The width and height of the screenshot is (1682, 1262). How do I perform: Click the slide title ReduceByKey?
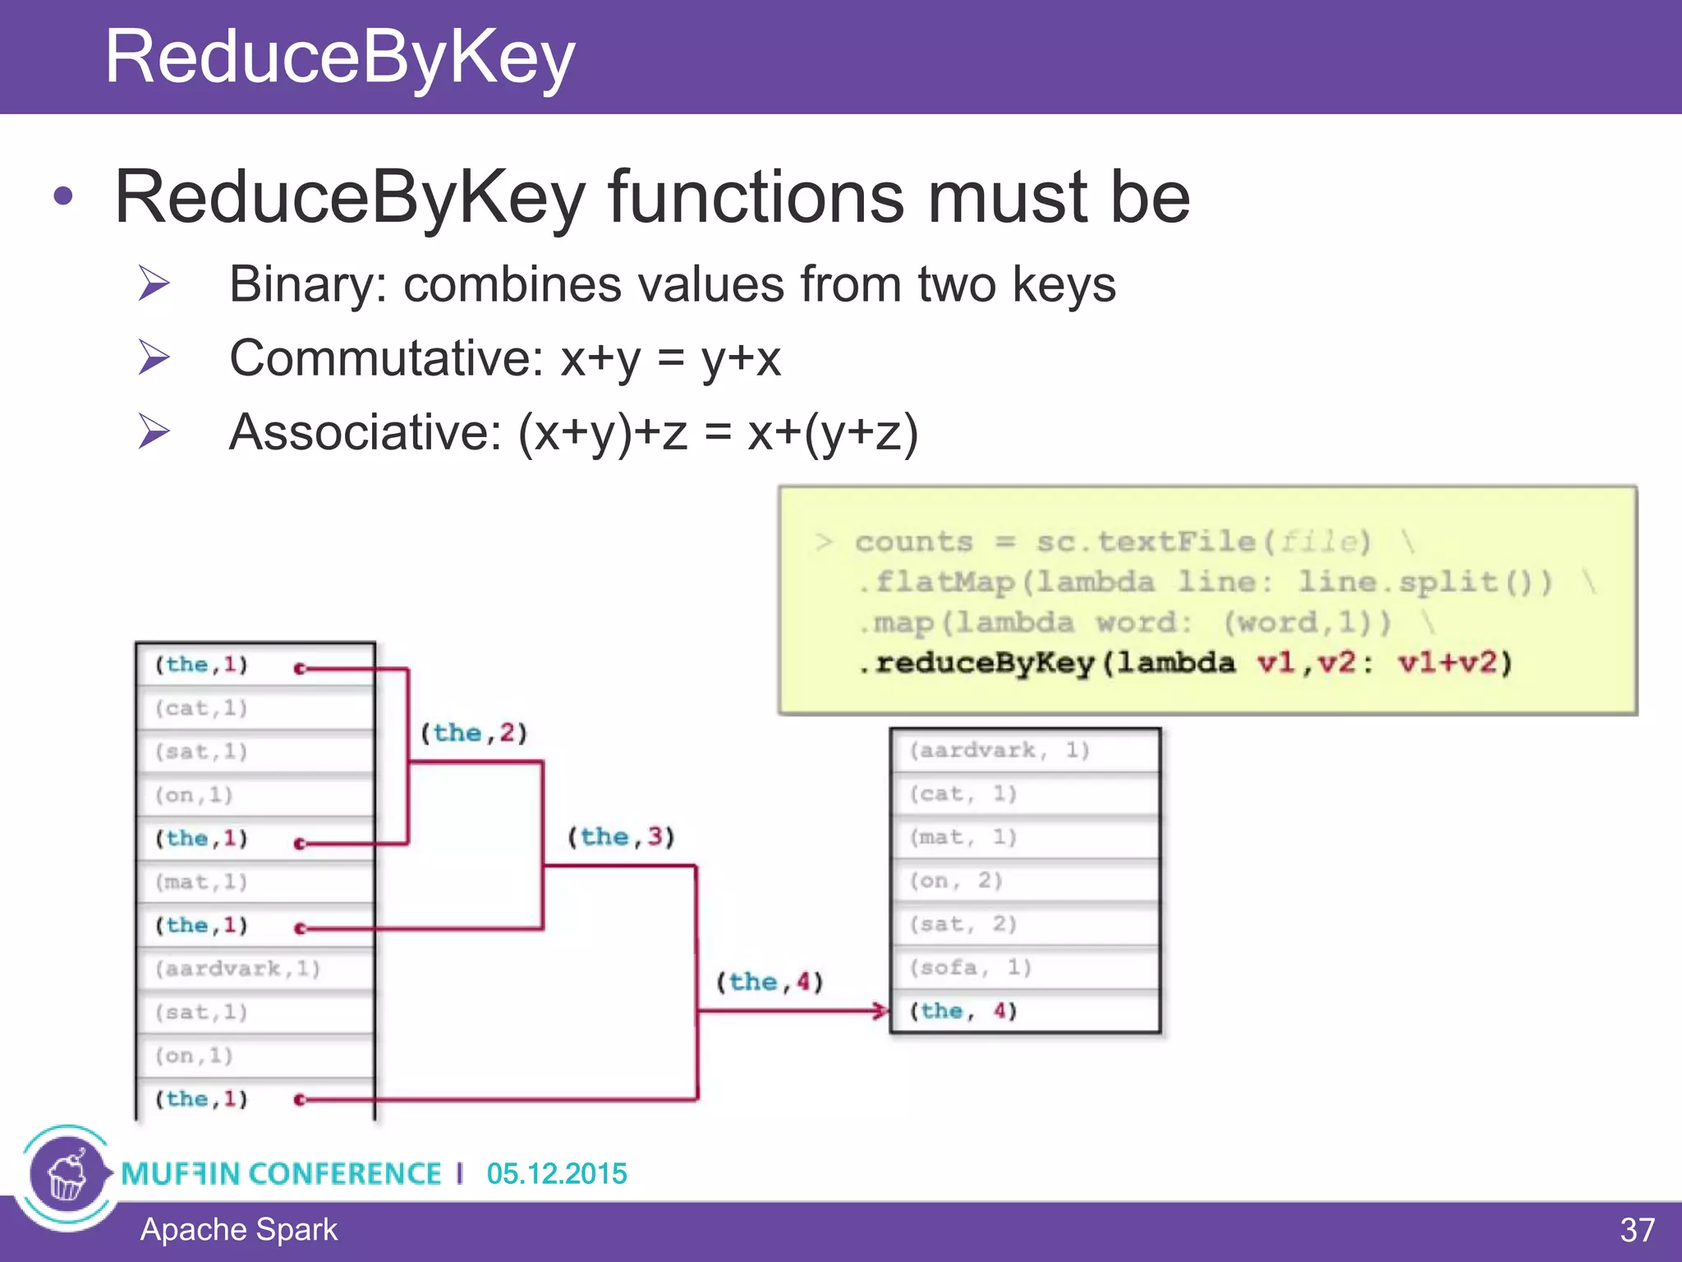click(x=339, y=58)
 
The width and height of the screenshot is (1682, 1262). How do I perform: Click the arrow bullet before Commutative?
click(x=154, y=357)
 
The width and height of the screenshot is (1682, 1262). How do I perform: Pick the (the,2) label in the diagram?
click(x=474, y=733)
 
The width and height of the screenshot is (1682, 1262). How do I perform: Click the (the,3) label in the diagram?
click(x=622, y=837)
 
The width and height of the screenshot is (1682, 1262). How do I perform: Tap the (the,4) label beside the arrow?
click(x=770, y=982)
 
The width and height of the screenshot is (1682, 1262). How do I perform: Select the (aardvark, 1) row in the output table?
click(x=1000, y=750)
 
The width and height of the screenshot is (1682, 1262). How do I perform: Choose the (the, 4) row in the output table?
click(x=963, y=1011)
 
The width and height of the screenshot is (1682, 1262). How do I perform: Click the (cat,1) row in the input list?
click(x=201, y=708)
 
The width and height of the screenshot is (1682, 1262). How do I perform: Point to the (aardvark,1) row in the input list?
click(x=237, y=969)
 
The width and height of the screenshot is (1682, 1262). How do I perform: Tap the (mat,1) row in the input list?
click(x=201, y=882)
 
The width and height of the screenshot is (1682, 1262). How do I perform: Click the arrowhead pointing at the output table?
click(x=881, y=1011)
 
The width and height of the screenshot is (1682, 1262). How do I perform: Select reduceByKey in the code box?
click(x=985, y=663)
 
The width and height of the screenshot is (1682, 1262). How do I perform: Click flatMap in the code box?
click(x=945, y=583)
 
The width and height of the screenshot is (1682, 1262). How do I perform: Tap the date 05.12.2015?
click(x=557, y=1173)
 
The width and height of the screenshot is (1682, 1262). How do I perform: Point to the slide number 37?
click(x=1637, y=1230)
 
